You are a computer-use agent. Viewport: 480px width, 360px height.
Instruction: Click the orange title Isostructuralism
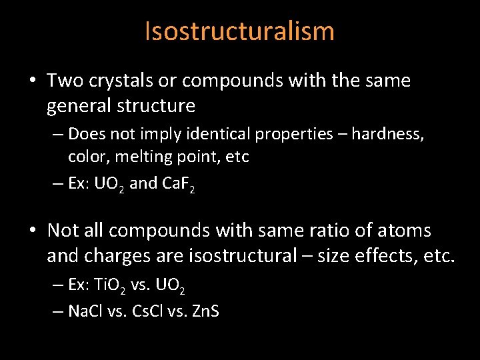pos(239,31)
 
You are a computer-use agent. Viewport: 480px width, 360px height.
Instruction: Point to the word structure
pos(164,105)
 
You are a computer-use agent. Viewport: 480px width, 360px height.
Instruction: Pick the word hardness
pos(387,134)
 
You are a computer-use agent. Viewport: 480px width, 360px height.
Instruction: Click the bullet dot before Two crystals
pos(32,81)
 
